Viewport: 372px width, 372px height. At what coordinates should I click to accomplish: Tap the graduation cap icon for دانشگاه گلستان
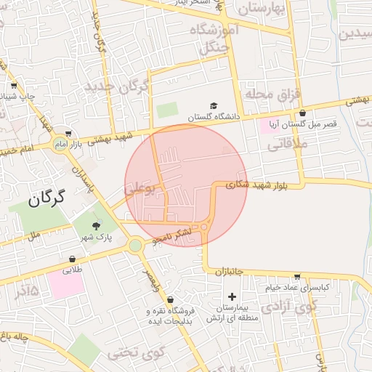click(214, 106)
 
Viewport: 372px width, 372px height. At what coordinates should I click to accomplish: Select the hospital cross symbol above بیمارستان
click(232, 296)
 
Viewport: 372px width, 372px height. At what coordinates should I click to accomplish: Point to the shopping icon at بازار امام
click(68, 134)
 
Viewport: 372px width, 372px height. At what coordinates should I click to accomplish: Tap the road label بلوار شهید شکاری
click(256, 185)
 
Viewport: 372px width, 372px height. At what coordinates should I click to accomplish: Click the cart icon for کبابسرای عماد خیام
click(297, 277)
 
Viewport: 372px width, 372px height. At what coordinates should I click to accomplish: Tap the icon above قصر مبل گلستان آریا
click(302, 113)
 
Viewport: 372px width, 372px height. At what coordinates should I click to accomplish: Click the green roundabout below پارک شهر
click(135, 246)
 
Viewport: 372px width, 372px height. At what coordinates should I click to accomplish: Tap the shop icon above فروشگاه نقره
click(170, 299)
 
